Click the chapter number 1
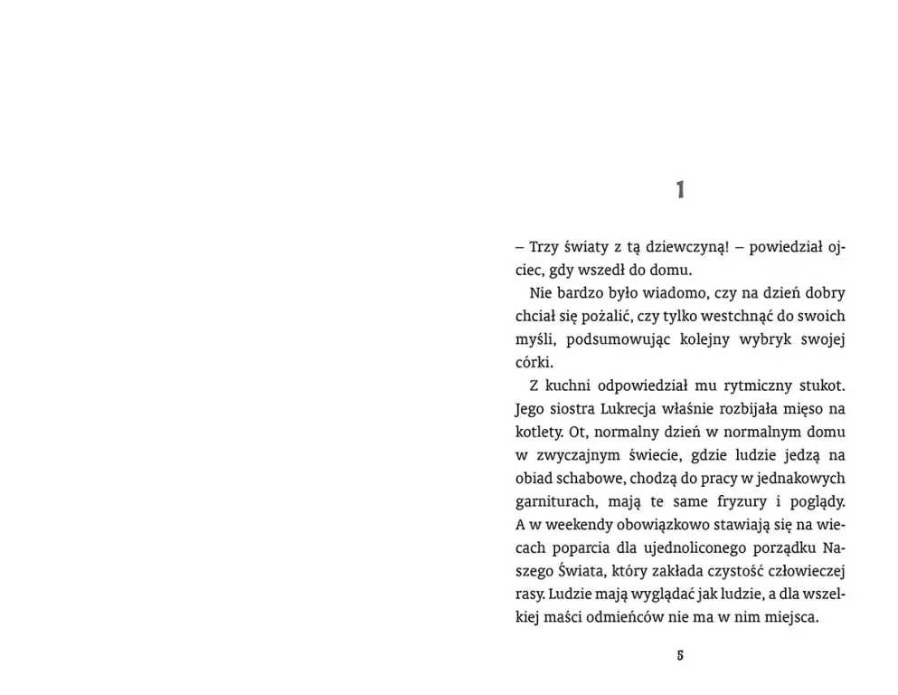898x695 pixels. tap(680, 190)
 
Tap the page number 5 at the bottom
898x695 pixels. tap(680, 655)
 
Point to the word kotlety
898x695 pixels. tap(537, 433)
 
